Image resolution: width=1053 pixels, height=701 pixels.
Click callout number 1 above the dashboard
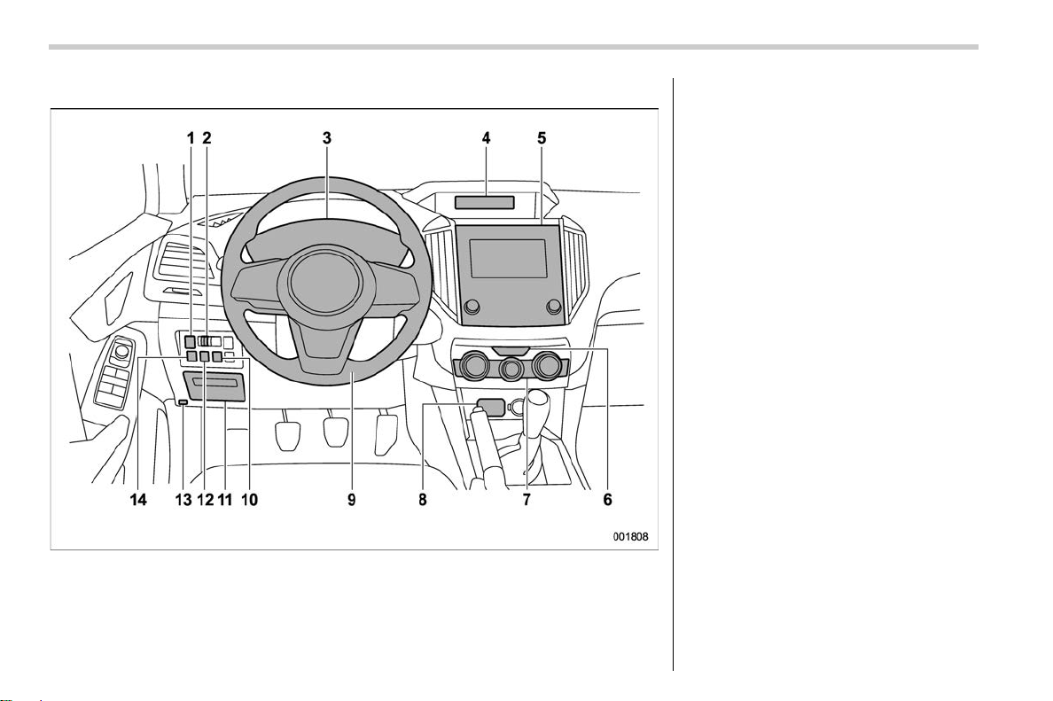click(191, 138)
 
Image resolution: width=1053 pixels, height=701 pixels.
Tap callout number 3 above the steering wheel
click(326, 138)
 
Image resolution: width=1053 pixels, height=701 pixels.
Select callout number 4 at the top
click(486, 138)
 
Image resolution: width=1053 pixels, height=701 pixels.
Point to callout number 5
click(542, 138)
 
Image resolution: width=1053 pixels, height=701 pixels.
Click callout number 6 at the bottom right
click(607, 500)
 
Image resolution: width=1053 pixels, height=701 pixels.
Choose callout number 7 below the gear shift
click(526, 500)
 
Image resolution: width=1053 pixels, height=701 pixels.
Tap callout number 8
click(423, 500)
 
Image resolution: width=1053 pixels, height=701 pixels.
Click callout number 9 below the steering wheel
click(351, 500)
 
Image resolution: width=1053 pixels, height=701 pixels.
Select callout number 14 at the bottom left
click(138, 500)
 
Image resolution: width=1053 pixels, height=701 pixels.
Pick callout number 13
click(183, 500)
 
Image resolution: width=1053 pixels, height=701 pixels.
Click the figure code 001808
click(630, 537)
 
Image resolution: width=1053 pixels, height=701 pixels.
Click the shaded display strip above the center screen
click(485, 202)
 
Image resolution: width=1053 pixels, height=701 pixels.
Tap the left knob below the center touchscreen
click(472, 306)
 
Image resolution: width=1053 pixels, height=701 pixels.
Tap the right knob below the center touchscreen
click(553, 306)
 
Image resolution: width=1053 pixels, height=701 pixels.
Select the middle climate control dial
click(512, 368)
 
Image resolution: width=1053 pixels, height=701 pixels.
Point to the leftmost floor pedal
click(288, 434)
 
